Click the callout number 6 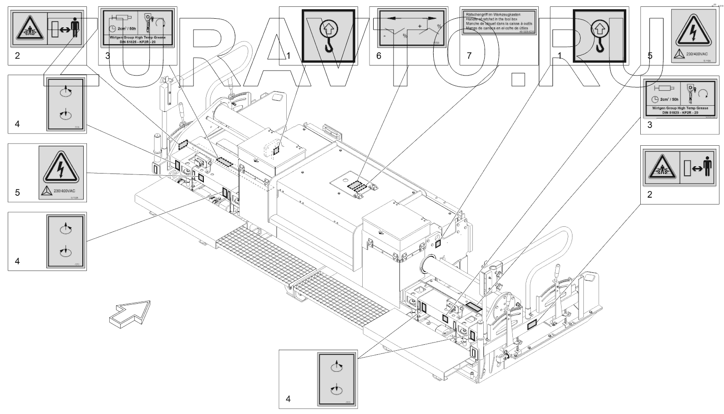pyautogui.click(x=379, y=56)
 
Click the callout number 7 pyautogui.click(x=469, y=56)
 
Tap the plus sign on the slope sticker pyautogui.click(x=420, y=26)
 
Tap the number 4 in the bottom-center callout pyautogui.click(x=288, y=399)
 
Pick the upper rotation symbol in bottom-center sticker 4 pyautogui.click(x=336, y=366)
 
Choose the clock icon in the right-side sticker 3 pyautogui.click(x=655, y=100)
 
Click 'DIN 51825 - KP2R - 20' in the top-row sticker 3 pyautogui.click(x=137, y=42)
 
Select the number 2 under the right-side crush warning pyautogui.click(x=650, y=194)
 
